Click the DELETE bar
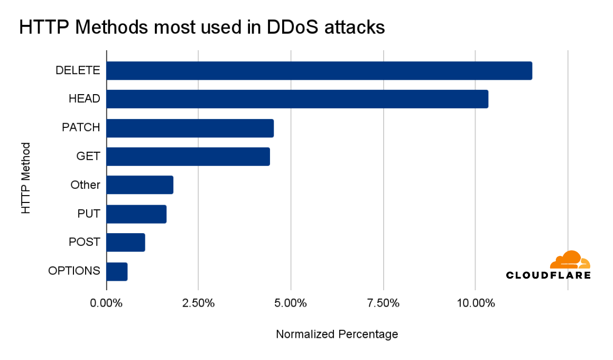click(319, 71)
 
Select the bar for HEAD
click(297, 99)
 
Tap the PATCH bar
click(190, 128)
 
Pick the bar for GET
click(188, 156)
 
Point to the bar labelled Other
click(140, 185)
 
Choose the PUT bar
click(136, 214)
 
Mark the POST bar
click(126, 242)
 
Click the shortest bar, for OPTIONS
click(117, 271)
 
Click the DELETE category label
click(78, 70)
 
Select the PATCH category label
click(81, 127)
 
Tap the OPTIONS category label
click(74, 271)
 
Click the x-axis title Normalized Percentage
click(337, 334)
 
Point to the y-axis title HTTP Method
click(25, 178)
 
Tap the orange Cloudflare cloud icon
click(570, 260)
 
